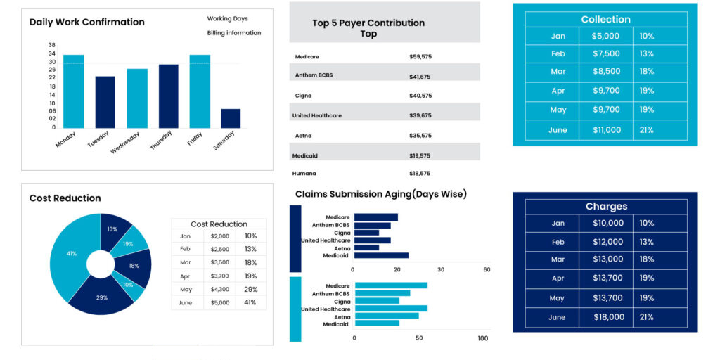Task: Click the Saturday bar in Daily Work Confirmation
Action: [x=231, y=118]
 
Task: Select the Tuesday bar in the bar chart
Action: [x=105, y=102]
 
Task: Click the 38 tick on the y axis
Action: [x=52, y=45]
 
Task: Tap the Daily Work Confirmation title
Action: [x=86, y=22]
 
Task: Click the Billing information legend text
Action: [x=233, y=33]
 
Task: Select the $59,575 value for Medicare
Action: [x=420, y=56]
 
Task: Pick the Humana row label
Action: [x=305, y=173]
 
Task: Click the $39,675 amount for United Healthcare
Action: [x=420, y=115]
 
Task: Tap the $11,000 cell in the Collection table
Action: [x=606, y=130]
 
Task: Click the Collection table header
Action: [x=605, y=19]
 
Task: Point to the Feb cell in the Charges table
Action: [x=558, y=242]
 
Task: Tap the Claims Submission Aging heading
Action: [x=380, y=194]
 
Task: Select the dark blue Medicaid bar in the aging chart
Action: [x=381, y=255]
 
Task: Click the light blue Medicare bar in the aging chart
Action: [x=391, y=285]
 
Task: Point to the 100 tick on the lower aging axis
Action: [x=482, y=338]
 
